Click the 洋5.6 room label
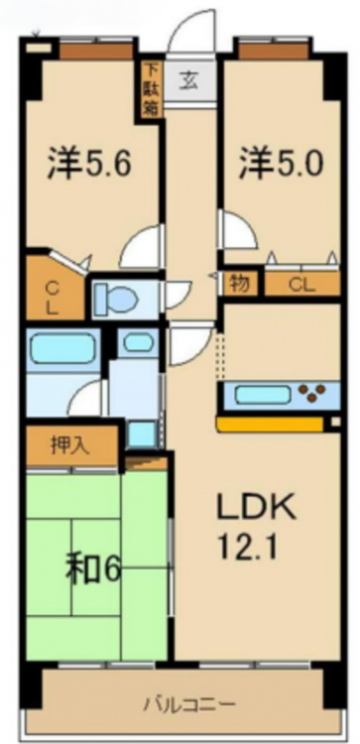88,163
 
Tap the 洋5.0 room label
282,163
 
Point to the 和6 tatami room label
93,569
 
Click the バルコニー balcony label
189,703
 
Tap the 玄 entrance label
188,81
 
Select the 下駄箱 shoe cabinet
152,89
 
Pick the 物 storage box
240,284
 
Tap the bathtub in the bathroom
62,350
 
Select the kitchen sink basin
262,395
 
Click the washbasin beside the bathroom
138,342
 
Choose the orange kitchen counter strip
271,424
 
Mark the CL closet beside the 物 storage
302,285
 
